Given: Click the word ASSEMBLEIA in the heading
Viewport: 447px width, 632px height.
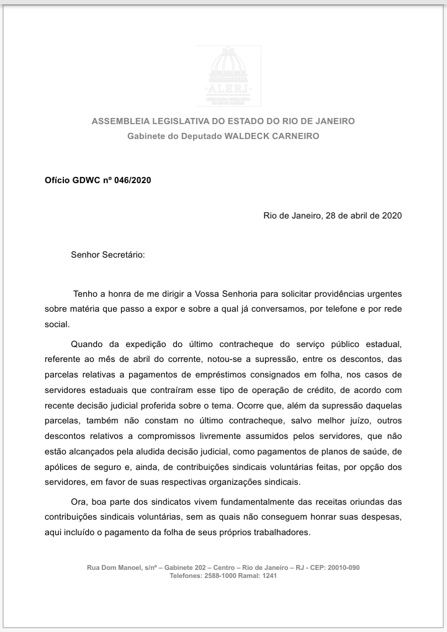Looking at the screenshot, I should (x=119, y=121).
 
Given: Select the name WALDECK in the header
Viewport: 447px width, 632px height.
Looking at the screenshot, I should (x=249, y=136).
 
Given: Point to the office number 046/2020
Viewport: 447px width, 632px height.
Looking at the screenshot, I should (x=133, y=180).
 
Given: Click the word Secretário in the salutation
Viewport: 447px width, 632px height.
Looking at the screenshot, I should (x=121, y=255).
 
